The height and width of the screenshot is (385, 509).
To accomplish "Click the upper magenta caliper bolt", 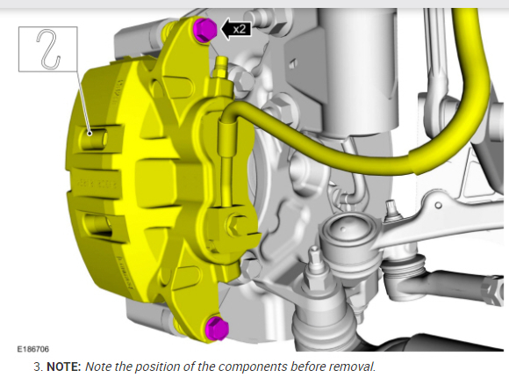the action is tap(204, 29).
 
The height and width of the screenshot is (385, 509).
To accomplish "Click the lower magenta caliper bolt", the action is tap(218, 328).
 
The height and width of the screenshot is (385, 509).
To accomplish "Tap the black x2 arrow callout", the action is tap(236, 29).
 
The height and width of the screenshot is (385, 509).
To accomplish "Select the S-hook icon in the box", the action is tap(48, 49).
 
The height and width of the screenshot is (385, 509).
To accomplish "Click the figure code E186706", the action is tap(33, 349).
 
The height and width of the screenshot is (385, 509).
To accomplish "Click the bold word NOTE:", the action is tap(63, 367).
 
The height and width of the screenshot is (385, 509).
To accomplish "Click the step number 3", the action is tap(38, 367).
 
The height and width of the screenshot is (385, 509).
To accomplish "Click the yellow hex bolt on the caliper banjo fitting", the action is tap(236, 224).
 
